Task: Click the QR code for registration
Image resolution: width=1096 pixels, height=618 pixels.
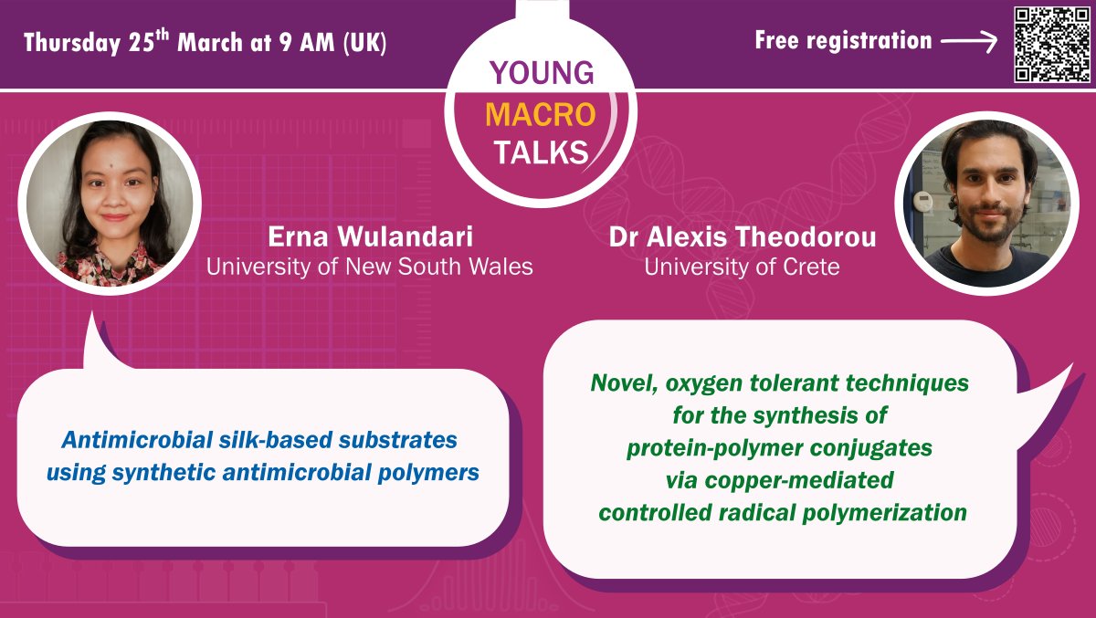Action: (x=1050, y=44)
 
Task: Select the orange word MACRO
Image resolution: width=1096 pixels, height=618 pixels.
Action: (x=541, y=113)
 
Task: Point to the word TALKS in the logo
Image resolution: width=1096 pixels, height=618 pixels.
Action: (x=542, y=152)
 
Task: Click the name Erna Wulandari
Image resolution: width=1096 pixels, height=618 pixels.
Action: (x=370, y=238)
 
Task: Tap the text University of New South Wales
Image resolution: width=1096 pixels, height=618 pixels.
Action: (x=370, y=267)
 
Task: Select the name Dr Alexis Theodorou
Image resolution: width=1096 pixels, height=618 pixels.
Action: (x=743, y=238)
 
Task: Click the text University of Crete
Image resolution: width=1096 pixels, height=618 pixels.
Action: (x=743, y=267)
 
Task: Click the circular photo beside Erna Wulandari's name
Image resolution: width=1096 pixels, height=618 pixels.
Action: (x=110, y=204)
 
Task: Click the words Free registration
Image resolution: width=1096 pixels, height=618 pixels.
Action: (x=843, y=41)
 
